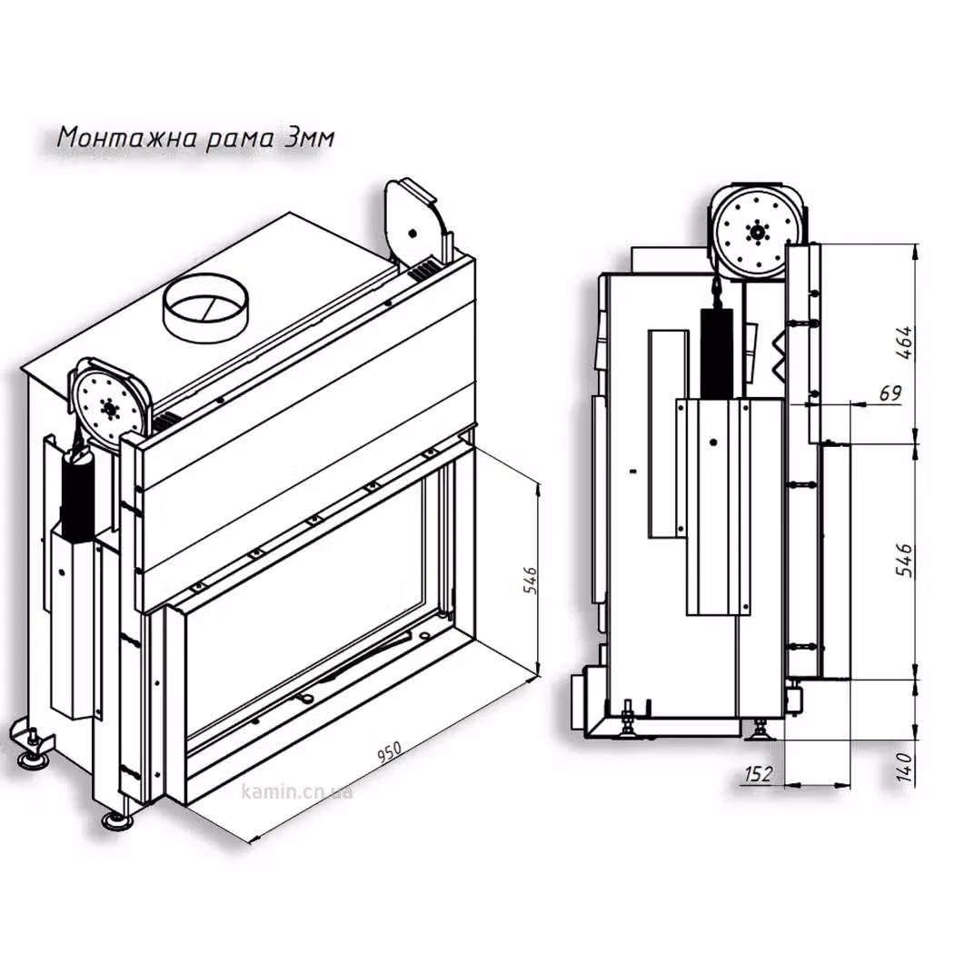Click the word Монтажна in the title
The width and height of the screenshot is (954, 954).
pos(128,138)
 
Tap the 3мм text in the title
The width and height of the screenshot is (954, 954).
pos(309,138)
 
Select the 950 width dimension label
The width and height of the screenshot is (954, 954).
pos(390,752)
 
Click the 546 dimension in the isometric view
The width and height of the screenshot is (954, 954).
pos(530,581)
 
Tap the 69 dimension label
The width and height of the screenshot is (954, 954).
pos(890,393)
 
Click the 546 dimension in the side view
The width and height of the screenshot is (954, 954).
pos(905,561)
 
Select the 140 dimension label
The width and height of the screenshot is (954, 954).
pos(905,768)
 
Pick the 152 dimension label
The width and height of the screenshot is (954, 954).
pos(758,774)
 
